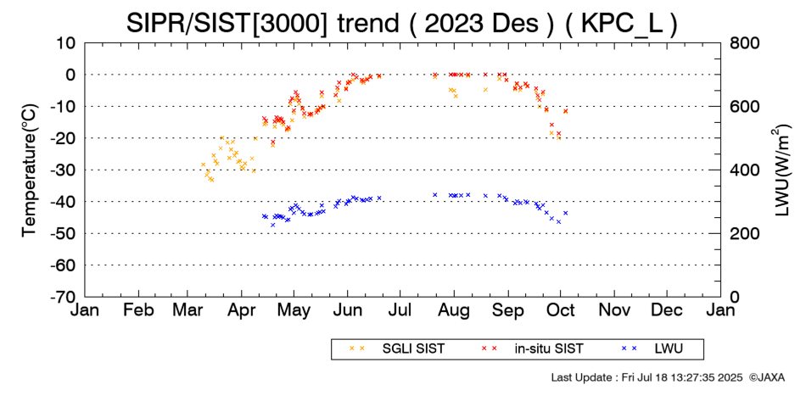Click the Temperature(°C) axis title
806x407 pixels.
pyautogui.click(x=29, y=169)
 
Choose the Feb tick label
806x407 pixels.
pyautogui.click(x=138, y=311)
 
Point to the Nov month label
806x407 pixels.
pyautogui.click(x=614, y=311)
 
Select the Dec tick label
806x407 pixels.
pyautogui.click(x=667, y=311)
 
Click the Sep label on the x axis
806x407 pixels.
pyautogui.click(x=508, y=311)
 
